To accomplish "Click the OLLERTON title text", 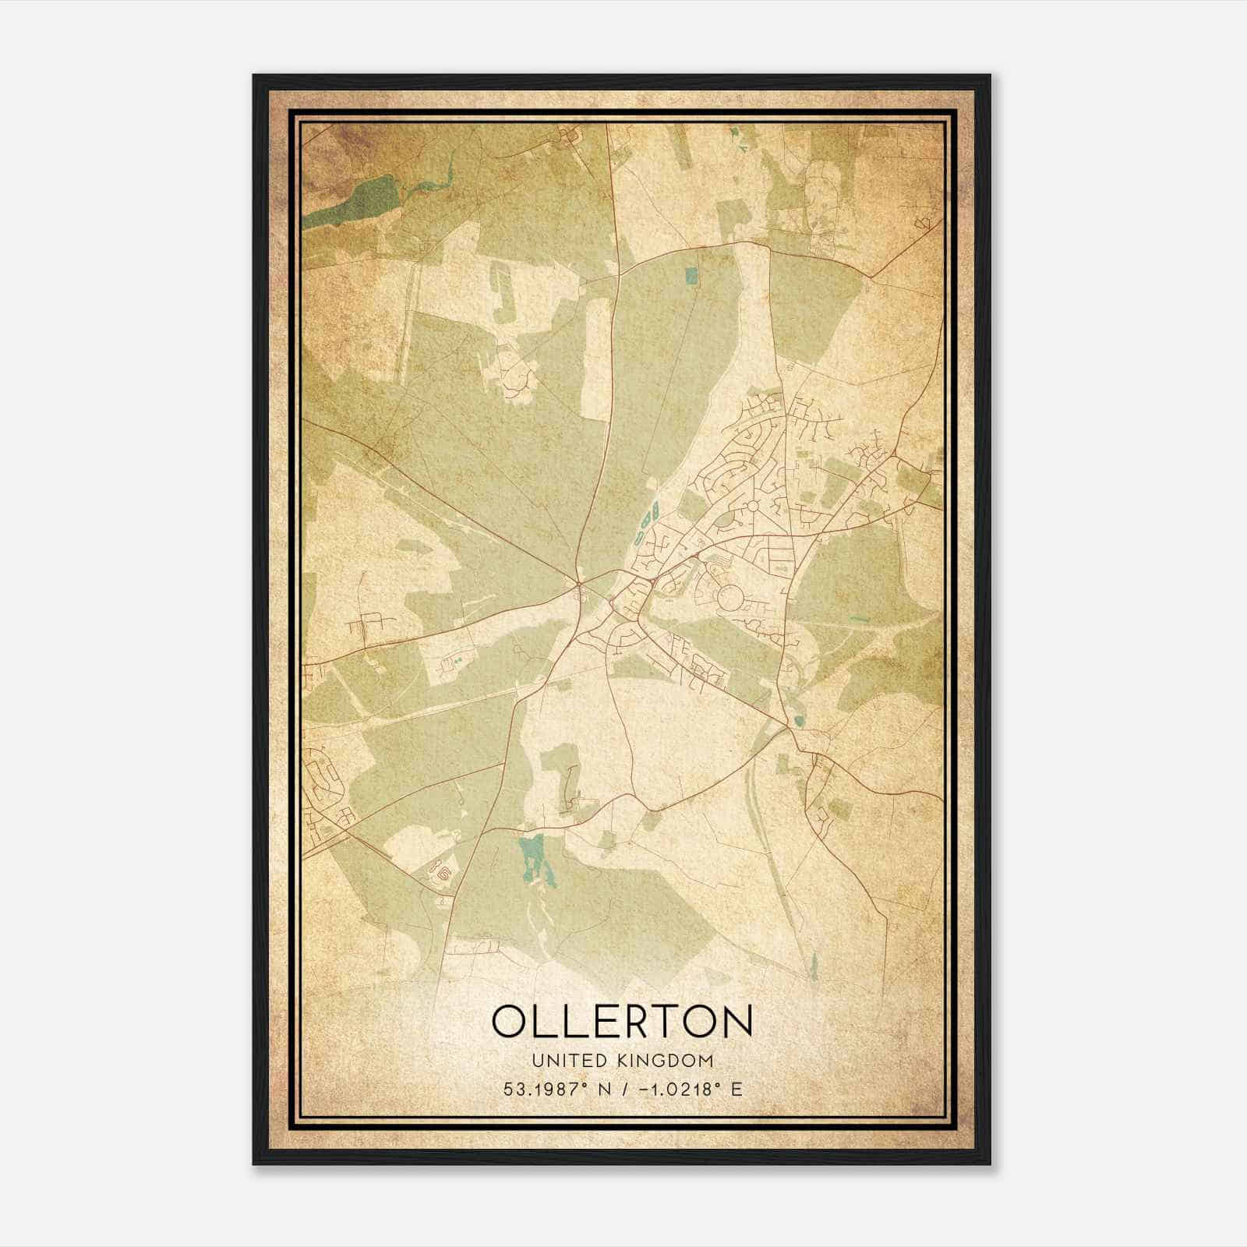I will (x=622, y=1021).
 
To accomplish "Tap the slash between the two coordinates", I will (x=620, y=1090).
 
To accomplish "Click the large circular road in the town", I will (x=731, y=599).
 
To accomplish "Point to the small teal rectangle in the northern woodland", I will (x=691, y=276).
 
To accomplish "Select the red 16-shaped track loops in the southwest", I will (x=441, y=873).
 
